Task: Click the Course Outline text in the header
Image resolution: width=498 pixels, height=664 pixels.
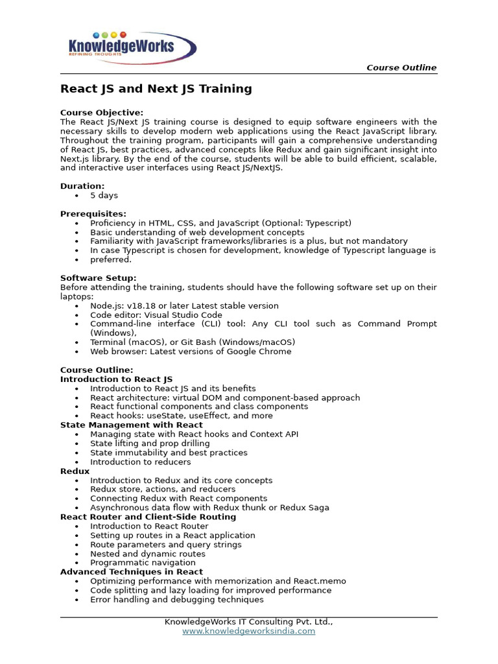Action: click(x=401, y=67)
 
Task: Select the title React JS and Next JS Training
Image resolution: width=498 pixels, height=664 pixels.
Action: click(x=156, y=89)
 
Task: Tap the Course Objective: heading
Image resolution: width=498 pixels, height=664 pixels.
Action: click(x=102, y=113)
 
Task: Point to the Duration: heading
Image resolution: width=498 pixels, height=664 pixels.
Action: click(x=82, y=186)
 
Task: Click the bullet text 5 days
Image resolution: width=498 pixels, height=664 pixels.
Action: click(x=104, y=195)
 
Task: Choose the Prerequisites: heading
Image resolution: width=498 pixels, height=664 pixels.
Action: click(x=93, y=214)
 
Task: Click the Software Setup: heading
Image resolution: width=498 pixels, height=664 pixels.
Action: click(x=99, y=278)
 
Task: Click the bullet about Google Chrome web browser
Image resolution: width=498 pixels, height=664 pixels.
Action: click(x=191, y=351)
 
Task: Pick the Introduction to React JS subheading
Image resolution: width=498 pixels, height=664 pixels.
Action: click(x=117, y=379)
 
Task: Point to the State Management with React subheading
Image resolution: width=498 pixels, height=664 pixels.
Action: click(x=132, y=425)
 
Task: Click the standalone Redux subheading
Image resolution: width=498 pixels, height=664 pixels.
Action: click(x=75, y=471)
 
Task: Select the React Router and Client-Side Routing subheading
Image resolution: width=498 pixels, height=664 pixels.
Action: click(x=148, y=517)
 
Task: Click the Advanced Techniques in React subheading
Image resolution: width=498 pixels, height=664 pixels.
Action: click(x=132, y=572)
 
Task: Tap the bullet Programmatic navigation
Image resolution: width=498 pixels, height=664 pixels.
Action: click(x=143, y=563)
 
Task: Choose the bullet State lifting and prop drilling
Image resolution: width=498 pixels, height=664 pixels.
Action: click(x=150, y=444)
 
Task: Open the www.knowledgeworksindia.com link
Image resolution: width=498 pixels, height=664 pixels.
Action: click(x=248, y=631)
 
